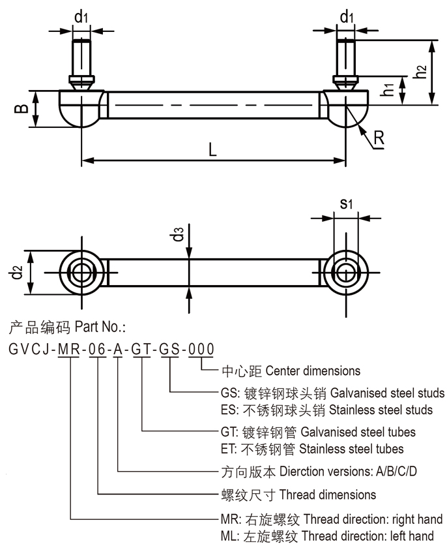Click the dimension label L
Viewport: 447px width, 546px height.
click(212, 149)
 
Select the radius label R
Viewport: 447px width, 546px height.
click(379, 138)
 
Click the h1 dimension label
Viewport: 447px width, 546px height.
click(388, 90)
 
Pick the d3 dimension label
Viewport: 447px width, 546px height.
click(179, 234)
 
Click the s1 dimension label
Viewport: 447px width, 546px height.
click(347, 204)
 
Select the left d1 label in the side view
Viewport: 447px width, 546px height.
click(81, 17)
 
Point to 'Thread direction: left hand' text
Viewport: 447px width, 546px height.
click(373, 536)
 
